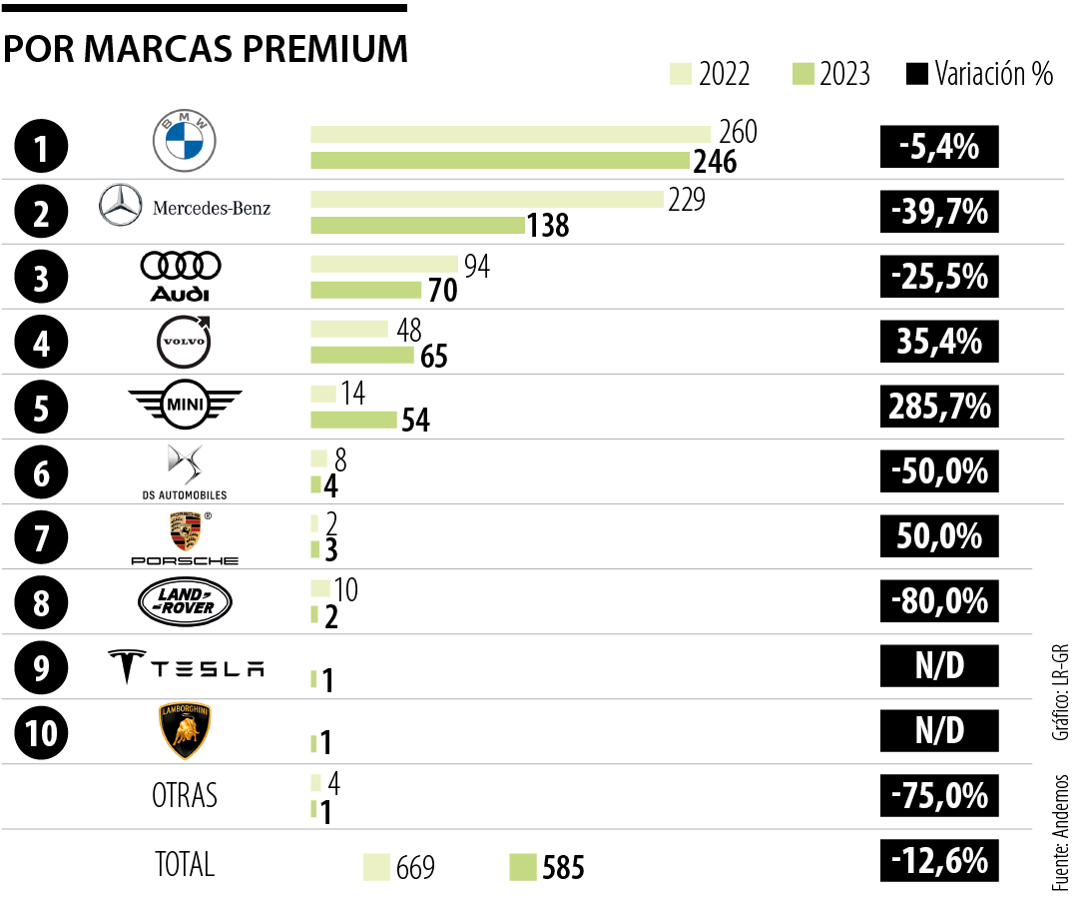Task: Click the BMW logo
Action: tap(184, 141)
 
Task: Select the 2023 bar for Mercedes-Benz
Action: tap(417, 226)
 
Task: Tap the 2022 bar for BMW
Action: tap(510, 135)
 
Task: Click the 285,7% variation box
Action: tap(938, 407)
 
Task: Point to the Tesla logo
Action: tap(186, 667)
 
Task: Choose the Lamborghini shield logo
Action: tap(185, 731)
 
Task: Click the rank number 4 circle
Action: tap(42, 343)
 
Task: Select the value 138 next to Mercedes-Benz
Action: tap(549, 227)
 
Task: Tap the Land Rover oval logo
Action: tap(185, 601)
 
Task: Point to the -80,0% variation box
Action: tap(938, 601)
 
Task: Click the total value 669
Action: tap(415, 867)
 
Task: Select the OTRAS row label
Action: tap(185, 796)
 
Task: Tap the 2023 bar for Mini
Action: tap(353, 420)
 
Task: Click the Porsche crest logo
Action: tap(185, 530)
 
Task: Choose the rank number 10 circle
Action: tap(42, 732)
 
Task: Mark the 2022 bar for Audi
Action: tap(384, 265)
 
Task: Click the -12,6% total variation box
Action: tap(938, 861)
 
